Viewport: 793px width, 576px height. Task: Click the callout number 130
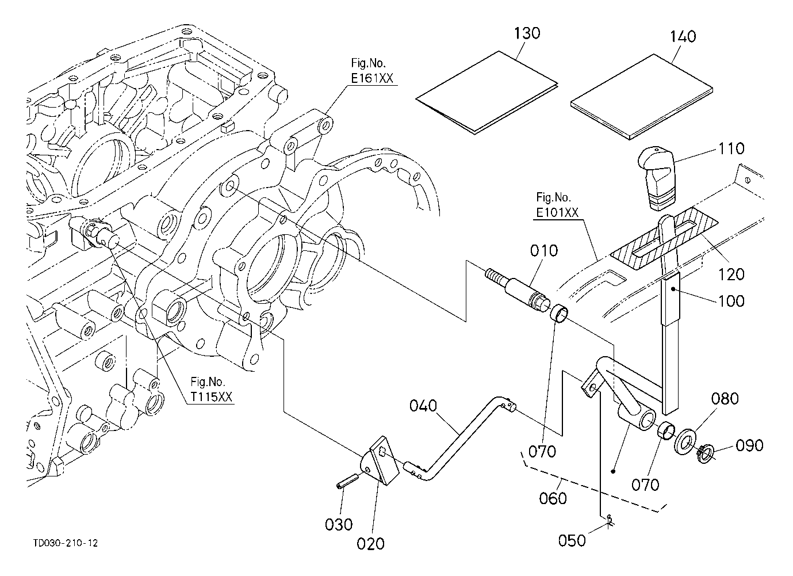click(527, 33)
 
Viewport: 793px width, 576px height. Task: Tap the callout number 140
click(683, 36)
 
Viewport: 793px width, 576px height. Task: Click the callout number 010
click(544, 251)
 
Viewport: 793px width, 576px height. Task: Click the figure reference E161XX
click(372, 79)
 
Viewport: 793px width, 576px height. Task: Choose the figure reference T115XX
click(212, 396)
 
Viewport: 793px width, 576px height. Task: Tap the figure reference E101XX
click(557, 212)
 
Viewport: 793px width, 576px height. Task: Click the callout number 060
click(553, 498)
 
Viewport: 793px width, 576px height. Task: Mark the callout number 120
click(731, 274)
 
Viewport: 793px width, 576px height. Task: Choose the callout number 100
click(731, 301)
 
